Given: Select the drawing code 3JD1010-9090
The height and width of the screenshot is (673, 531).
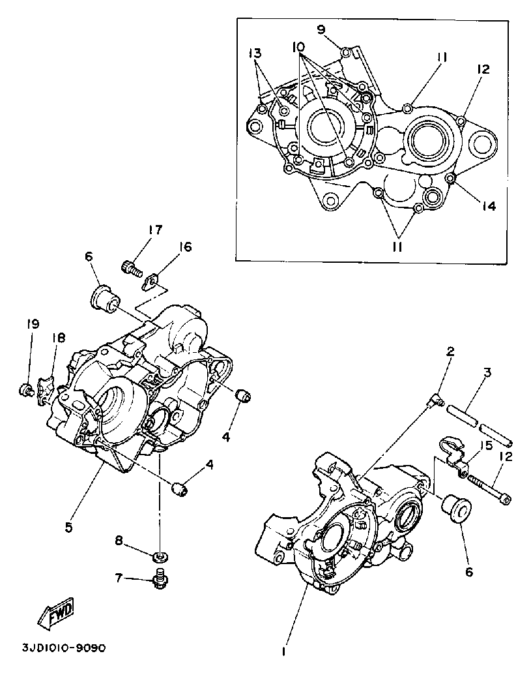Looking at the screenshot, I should (63, 649).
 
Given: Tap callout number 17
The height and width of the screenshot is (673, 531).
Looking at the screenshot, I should (154, 230).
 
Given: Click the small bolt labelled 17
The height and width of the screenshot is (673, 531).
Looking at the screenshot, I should (131, 267).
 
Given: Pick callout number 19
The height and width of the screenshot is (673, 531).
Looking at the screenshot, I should (33, 324).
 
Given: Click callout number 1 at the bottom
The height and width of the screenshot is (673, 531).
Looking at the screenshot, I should (284, 651).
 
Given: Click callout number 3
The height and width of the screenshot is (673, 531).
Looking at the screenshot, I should (487, 372).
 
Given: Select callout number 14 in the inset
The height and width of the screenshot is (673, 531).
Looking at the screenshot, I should (488, 206).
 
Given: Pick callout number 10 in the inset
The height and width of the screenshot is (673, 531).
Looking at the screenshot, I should (298, 48).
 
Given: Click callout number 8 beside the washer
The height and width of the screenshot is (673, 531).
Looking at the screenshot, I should (119, 540).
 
